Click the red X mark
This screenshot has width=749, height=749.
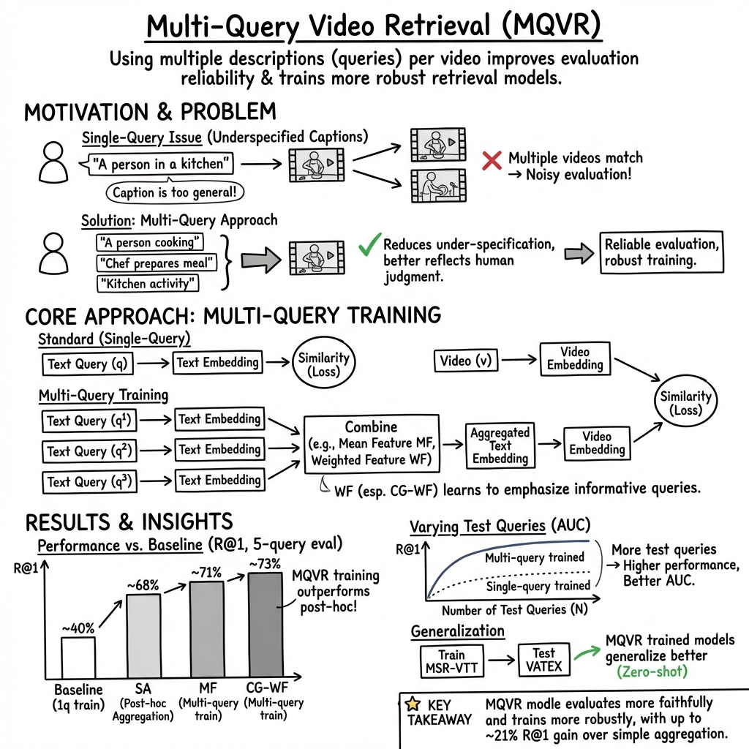pyautogui.click(x=492, y=160)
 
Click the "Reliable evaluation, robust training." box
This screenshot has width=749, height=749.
pyautogui.click(x=660, y=253)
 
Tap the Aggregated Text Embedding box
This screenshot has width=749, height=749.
pyautogui.click(x=500, y=445)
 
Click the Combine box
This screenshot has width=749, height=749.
pyautogui.click(x=371, y=443)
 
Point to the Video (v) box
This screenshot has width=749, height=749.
pyautogui.click(x=465, y=361)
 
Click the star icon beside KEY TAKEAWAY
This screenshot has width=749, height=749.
pyautogui.click(x=412, y=704)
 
